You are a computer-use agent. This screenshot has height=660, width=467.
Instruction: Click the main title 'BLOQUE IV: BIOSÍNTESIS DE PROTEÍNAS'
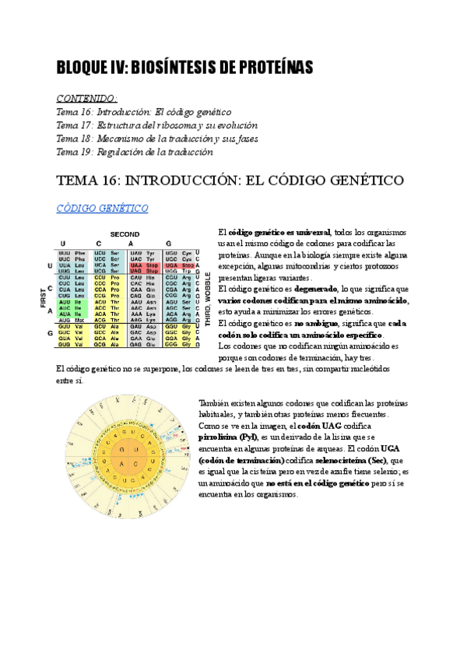coord(184,68)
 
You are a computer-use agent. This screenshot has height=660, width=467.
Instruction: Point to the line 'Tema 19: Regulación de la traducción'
coord(135,152)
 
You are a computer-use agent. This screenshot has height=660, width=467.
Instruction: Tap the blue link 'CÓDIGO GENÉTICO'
coord(103,209)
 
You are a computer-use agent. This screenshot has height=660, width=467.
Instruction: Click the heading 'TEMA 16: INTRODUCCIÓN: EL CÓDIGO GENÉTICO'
coord(230,180)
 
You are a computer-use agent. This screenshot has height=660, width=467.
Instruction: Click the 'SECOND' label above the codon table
coord(125,233)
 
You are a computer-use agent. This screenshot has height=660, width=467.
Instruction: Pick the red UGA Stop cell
coord(188,265)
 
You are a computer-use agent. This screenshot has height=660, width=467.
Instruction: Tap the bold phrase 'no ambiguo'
coord(313,322)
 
